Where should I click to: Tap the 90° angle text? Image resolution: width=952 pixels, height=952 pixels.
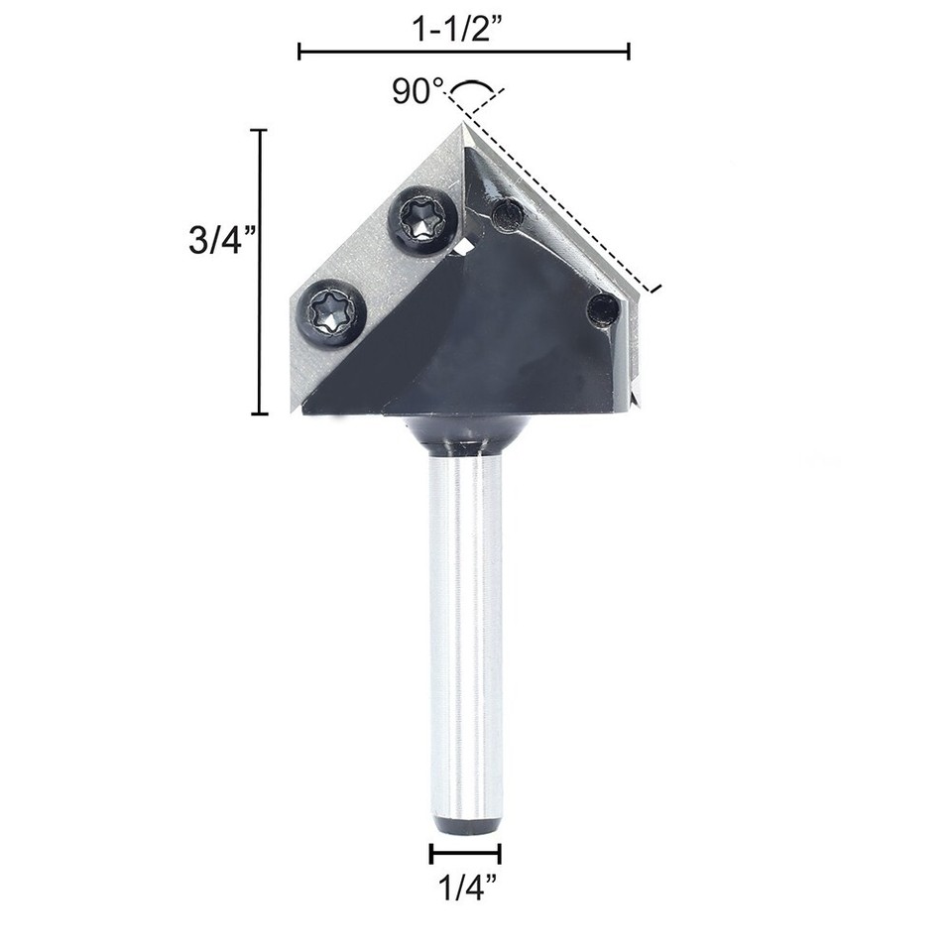(x=416, y=92)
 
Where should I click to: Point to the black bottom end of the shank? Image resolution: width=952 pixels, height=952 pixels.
(x=465, y=823)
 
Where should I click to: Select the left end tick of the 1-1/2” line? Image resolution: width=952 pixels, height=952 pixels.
(x=299, y=51)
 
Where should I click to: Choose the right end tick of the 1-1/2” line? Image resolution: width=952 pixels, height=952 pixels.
(x=629, y=51)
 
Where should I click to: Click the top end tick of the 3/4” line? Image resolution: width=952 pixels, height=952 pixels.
(x=260, y=130)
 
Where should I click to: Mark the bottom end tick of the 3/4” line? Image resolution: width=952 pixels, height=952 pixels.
(x=260, y=414)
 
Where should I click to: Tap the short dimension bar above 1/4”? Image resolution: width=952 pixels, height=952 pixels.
(x=465, y=853)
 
